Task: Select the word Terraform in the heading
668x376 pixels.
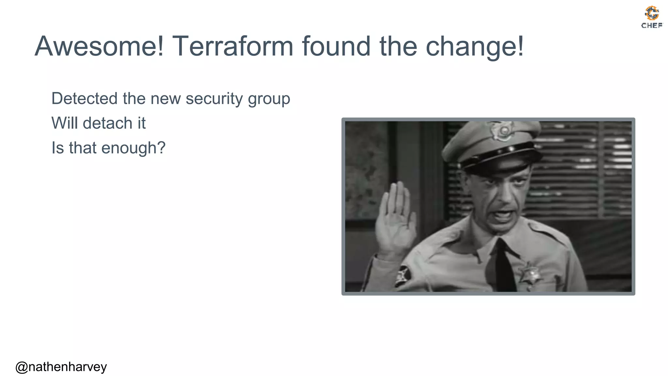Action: pos(233,46)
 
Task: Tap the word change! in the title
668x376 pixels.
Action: pos(475,46)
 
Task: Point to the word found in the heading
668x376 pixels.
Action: pos(336,46)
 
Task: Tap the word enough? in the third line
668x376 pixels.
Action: pos(133,148)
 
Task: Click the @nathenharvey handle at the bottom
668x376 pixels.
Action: pos(61,367)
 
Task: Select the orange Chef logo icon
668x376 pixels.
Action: pos(652,13)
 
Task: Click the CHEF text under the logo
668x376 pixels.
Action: pos(652,25)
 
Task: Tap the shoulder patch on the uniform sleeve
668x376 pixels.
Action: pos(403,275)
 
